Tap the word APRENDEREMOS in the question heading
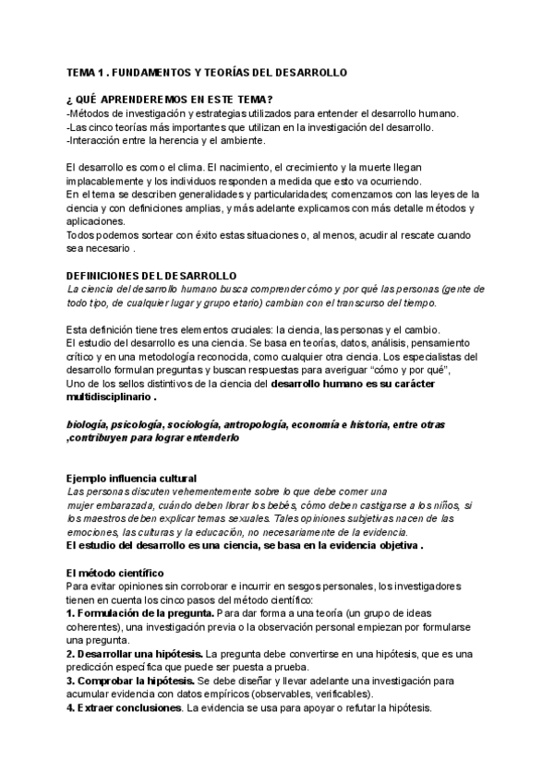141,100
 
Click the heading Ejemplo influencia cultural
131,479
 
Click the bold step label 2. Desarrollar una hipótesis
136,654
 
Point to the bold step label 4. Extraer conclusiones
124,708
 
